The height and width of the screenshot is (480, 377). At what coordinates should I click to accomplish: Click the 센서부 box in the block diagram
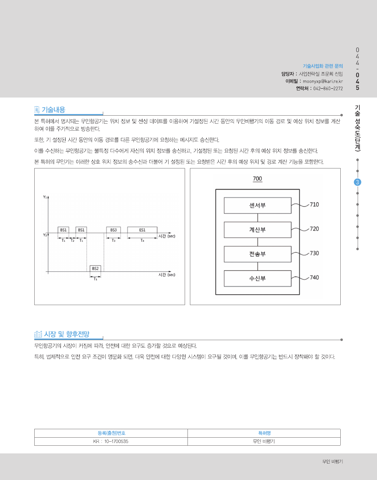pos(257,206)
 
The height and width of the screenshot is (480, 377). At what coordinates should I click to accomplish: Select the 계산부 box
pos(257,230)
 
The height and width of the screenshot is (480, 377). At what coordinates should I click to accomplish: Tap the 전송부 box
pos(257,254)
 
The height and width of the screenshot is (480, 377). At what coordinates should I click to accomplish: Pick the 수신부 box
pos(257,278)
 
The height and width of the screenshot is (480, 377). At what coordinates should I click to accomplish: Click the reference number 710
pos(314,205)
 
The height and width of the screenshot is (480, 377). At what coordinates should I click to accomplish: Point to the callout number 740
pos(314,277)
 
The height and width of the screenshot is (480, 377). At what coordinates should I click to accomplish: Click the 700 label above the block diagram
pos(257,179)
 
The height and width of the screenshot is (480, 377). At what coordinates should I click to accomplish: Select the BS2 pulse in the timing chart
pos(95,268)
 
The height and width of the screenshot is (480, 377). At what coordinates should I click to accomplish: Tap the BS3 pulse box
pos(113,230)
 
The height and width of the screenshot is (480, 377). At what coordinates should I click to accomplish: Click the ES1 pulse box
pos(142,230)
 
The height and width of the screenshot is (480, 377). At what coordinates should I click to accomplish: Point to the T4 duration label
pos(142,240)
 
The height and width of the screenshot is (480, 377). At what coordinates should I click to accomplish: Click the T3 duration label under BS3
pos(113,240)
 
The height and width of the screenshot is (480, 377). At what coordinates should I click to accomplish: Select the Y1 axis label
pos(45,197)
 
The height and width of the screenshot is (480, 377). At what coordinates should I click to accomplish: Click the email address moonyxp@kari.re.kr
pos(323,81)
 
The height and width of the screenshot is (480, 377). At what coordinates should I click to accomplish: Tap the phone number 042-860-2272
pos(328,88)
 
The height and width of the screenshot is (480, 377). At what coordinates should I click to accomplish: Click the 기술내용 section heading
pos(53,110)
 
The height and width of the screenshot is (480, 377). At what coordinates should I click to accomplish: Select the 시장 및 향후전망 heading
pos(67,334)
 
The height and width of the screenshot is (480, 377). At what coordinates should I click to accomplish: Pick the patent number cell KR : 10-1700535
pos(111,441)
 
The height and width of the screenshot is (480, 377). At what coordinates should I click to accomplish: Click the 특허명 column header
pos(264,433)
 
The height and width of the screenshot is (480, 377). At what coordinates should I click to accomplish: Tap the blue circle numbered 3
pos(358,182)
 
